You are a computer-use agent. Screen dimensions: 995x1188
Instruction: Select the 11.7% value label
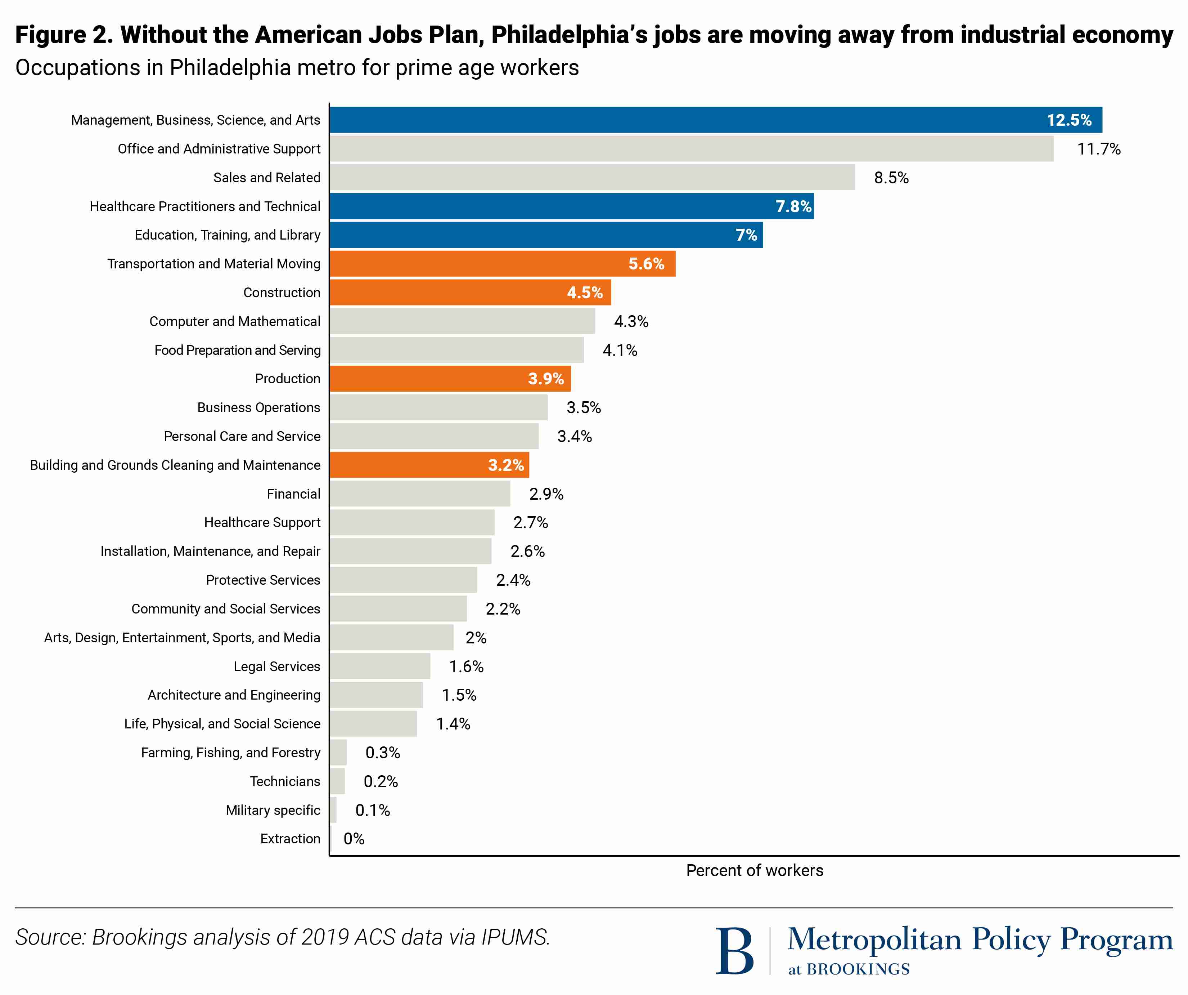click(1099, 149)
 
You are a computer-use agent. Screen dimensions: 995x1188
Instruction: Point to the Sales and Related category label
click(266, 178)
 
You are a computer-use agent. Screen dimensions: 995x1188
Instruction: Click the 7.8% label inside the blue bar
click(793, 206)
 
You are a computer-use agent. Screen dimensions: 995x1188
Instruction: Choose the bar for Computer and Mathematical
click(462, 321)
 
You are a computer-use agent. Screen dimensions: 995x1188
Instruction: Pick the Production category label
click(287, 379)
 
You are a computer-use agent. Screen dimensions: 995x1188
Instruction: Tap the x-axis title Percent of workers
click(755, 870)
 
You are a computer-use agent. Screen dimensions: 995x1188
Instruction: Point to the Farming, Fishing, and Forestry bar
click(339, 753)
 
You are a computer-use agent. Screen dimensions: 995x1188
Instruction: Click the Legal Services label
click(276, 667)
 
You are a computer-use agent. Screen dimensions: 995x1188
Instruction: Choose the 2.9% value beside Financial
click(546, 494)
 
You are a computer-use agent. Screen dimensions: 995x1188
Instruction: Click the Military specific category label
click(273, 811)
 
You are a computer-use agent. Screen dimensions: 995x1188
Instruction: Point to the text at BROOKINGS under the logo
click(849, 969)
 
